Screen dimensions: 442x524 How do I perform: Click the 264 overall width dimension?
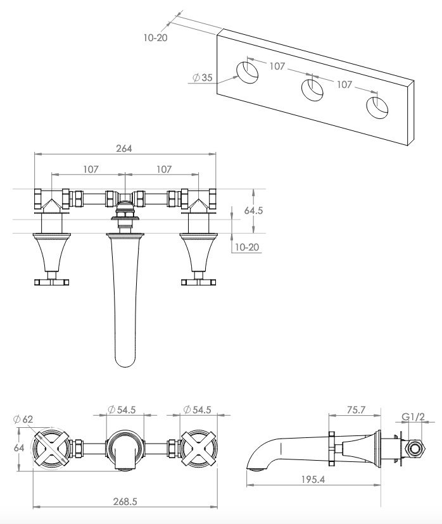(x=124, y=148)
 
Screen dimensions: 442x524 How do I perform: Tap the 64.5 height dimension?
(x=253, y=211)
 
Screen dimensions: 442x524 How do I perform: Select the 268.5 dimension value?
(x=125, y=502)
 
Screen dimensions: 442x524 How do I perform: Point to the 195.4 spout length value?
(x=313, y=479)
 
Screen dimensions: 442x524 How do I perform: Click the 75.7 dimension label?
(x=356, y=409)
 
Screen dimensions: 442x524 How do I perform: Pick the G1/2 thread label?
(x=413, y=416)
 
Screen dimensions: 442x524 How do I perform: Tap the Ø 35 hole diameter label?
(x=202, y=78)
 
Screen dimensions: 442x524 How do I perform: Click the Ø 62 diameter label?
(x=23, y=419)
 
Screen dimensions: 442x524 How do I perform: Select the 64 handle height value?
(x=19, y=448)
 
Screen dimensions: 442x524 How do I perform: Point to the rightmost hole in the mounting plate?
(x=377, y=108)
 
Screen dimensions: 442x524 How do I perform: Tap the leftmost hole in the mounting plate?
(x=248, y=72)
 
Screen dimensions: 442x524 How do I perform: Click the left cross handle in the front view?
(x=51, y=448)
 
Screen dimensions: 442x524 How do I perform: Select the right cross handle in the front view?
(x=199, y=448)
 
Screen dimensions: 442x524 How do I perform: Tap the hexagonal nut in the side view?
(x=415, y=449)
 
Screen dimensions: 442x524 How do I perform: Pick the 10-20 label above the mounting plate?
(x=156, y=37)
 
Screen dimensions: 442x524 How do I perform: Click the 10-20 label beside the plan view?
(x=247, y=247)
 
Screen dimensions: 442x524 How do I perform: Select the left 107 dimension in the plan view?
(x=91, y=169)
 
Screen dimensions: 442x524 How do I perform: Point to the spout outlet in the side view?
(x=256, y=470)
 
